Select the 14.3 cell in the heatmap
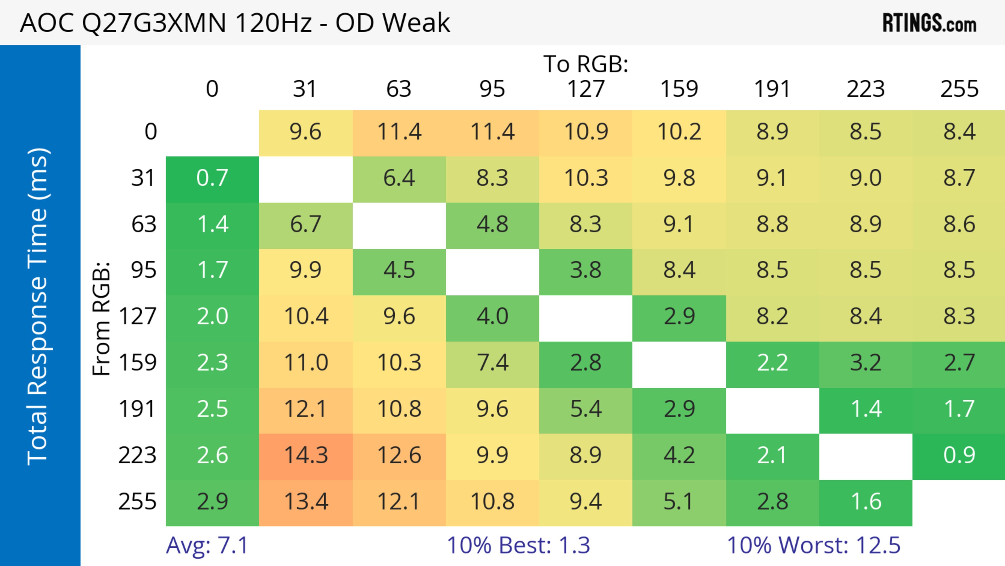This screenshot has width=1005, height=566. point(306,455)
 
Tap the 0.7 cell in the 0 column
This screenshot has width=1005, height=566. point(212,178)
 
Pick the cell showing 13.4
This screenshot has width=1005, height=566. point(306,502)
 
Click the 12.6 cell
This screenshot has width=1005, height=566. point(399,455)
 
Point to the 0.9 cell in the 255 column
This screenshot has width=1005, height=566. point(959,455)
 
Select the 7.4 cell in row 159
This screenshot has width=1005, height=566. point(492,363)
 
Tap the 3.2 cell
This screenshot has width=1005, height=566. point(866,363)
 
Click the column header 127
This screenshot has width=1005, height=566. point(586,89)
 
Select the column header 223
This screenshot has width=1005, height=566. point(866,89)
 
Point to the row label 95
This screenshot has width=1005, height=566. point(144,270)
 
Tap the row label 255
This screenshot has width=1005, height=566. point(137,502)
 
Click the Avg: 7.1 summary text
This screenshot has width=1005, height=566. point(207,545)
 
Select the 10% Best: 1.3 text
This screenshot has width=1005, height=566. point(518,545)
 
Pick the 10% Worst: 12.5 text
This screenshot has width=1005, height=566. point(813,545)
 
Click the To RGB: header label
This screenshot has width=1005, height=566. point(586,64)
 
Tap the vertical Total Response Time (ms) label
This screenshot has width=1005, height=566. point(38,306)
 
